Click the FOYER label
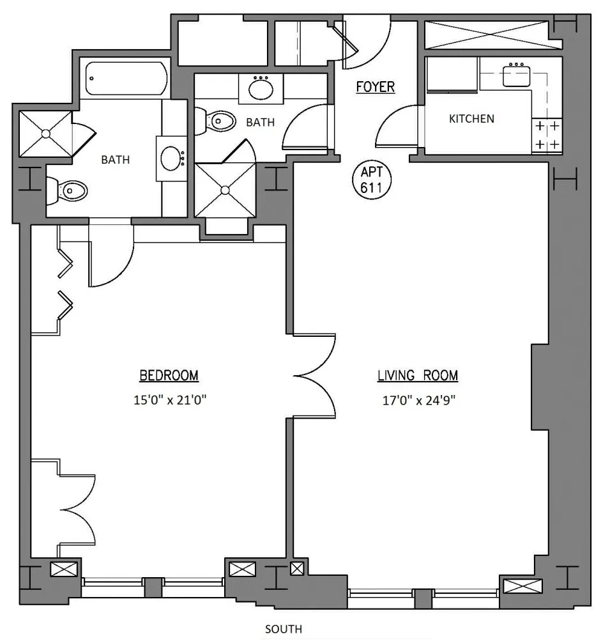click(x=376, y=87)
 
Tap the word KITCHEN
click(x=471, y=119)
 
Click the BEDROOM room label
click(x=169, y=375)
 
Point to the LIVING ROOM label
click(x=418, y=375)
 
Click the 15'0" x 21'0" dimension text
click(x=169, y=401)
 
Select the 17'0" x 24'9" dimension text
click(x=418, y=401)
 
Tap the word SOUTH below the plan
click(x=284, y=630)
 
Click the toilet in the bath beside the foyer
click(x=217, y=120)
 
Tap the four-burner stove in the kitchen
click(x=547, y=135)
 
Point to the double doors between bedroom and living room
click(x=316, y=375)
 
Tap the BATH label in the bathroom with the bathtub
click(x=116, y=160)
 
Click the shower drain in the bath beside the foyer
click(x=225, y=190)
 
